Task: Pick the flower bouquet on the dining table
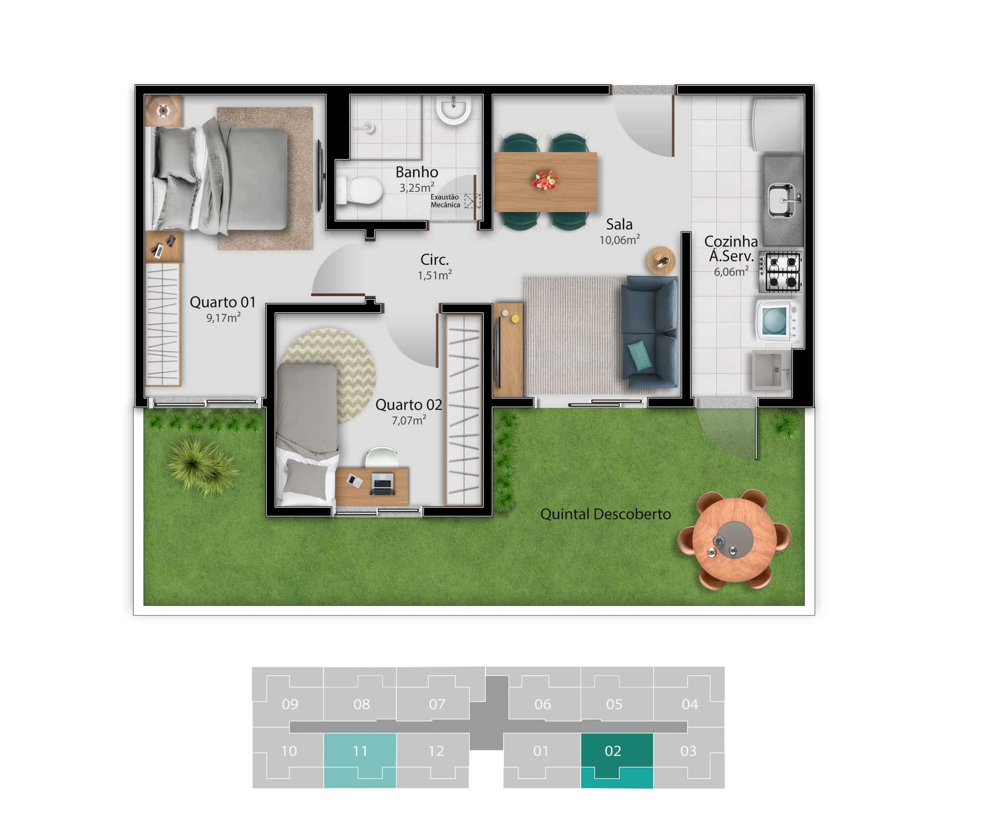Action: pos(545,181)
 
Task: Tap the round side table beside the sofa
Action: pos(660,260)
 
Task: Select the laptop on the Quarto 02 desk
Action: pos(382,484)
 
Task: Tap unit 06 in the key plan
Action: pos(542,704)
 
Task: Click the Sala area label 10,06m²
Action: pos(619,240)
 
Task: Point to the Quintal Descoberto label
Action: pos(605,514)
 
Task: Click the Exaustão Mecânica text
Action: pos(445,201)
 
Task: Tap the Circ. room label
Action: pos(434,259)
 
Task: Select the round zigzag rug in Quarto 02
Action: pos(330,376)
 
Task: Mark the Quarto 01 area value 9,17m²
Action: pos(223,318)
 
